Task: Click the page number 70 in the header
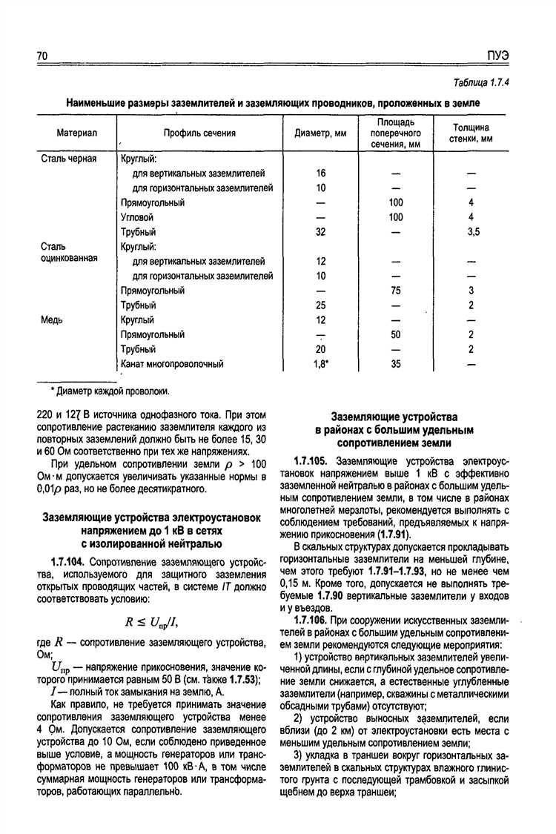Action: (x=42, y=57)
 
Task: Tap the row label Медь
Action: (x=52, y=320)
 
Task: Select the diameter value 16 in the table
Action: (x=321, y=173)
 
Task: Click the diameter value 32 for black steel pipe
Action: (x=321, y=232)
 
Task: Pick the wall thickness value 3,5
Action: (x=474, y=232)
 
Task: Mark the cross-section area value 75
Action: (x=396, y=291)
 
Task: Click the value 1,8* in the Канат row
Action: (x=322, y=364)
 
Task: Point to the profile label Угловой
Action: (x=137, y=217)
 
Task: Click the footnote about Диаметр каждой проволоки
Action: (x=110, y=390)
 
